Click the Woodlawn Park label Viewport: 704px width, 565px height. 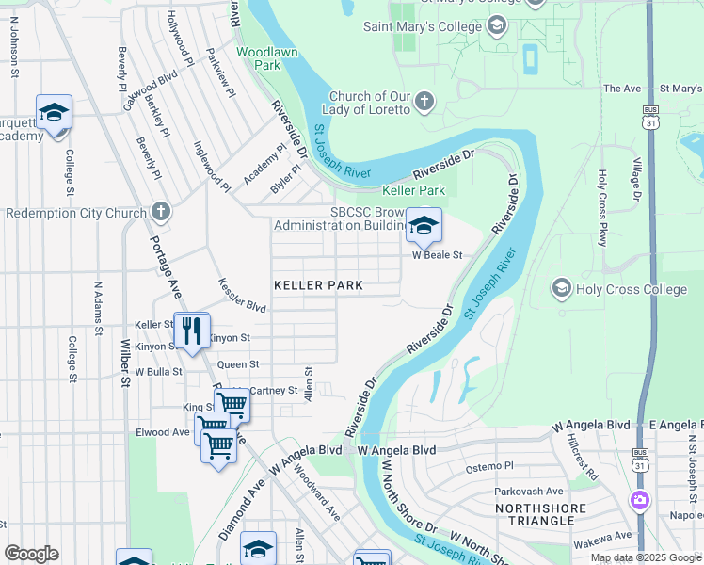coord(259,58)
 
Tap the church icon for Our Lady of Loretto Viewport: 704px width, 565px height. coord(424,101)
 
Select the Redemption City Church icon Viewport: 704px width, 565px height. coord(161,212)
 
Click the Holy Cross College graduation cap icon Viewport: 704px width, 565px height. coord(562,287)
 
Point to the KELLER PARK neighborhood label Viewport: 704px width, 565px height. coord(318,284)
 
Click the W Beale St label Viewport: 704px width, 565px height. coord(437,255)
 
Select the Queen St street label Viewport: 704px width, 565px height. coord(237,363)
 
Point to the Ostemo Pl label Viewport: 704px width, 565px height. coord(490,466)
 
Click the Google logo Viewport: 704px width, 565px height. coord(32,554)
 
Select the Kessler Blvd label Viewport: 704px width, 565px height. coord(243,295)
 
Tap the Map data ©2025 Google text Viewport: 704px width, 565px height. coord(646,557)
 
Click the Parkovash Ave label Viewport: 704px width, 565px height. coord(530,491)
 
